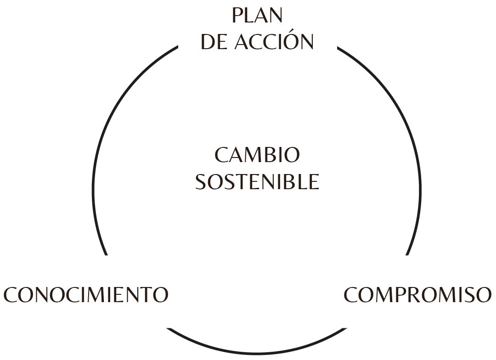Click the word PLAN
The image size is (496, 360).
tap(257, 16)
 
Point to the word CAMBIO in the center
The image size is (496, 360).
tap(257, 155)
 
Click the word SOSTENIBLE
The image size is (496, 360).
tap(257, 182)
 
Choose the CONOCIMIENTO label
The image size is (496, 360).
tap(86, 294)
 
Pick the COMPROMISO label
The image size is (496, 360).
tap(417, 294)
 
